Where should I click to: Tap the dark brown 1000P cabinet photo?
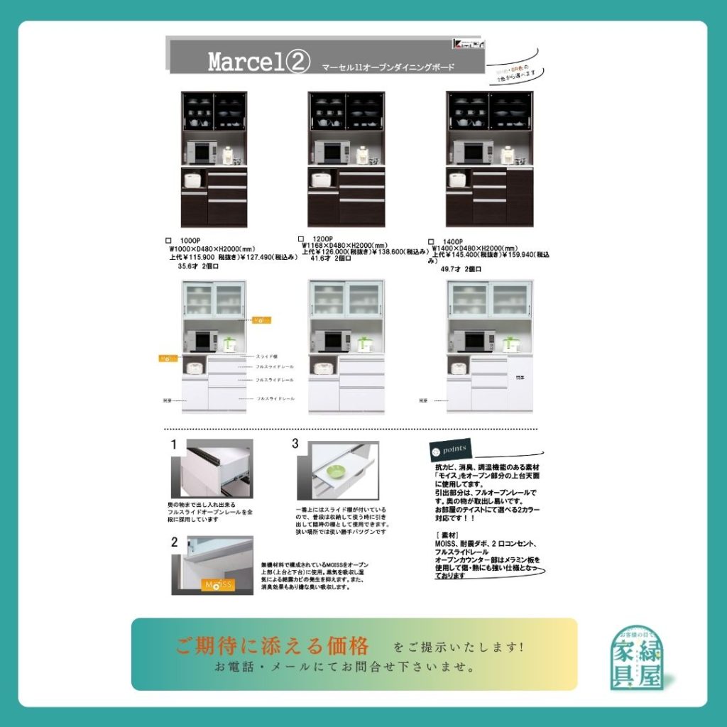tap(214, 159)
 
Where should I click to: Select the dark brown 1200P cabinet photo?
tap(346, 159)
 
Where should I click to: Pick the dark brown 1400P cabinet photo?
tap(489, 159)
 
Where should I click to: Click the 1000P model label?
tap(190, 241)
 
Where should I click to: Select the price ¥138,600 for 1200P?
tap(402, 251)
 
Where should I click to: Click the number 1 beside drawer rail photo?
tap(173, 445)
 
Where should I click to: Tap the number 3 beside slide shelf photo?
tap(295, 444)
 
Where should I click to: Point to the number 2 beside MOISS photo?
tap(174, 542)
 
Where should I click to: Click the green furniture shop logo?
tap(638, 657)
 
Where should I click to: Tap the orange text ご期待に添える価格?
tap(273, 646)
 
